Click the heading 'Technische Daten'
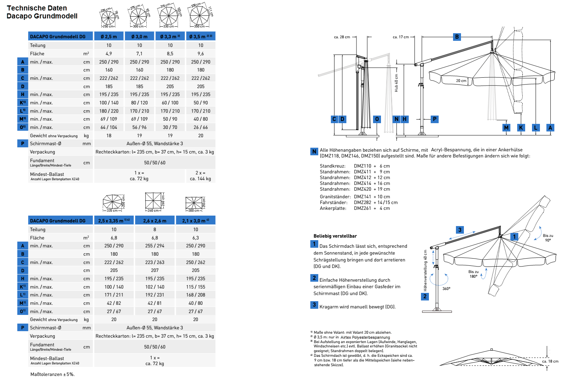pos(37,8)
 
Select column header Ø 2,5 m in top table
pos(109,36)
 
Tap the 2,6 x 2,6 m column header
pos(155,221)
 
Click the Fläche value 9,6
pos(201,53)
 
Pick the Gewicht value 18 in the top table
pos(109,135)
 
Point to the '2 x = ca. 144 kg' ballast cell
pos(200,176)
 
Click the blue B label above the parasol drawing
pos(457,36)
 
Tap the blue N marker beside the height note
pos(314,151)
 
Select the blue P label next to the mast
pos(435,119)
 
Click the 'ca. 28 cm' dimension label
pos(342,37)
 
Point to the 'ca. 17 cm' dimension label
pos(401,37)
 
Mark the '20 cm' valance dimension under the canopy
pos(461,81)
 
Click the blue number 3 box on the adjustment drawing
pos(460,230)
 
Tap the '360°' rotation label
pos(446,289)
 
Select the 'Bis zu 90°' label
pos(548,238)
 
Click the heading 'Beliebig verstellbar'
pos(335,236)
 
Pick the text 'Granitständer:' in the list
pos(335,196)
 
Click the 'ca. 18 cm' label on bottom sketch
pos(550,361)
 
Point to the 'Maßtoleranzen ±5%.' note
pos(53,374)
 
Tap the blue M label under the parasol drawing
pos(506,127)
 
